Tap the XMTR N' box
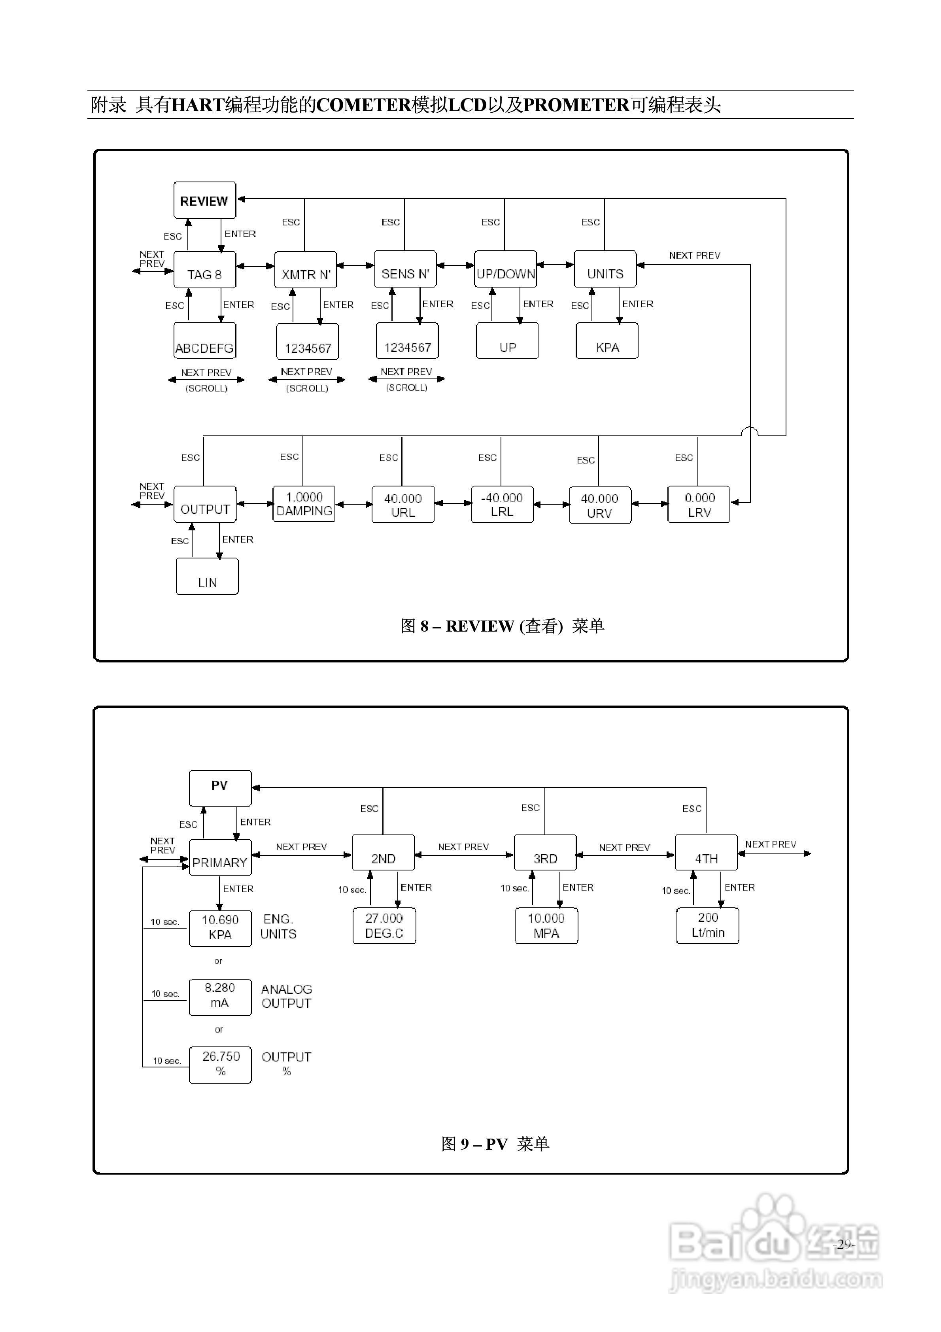pos(305,270)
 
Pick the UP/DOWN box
pos(505,269)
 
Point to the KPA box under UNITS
pos(607,341)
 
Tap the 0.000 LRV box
pos(699,505)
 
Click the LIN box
pos(207,576)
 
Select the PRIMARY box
pos(220,857)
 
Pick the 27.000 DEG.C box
pos(384,926)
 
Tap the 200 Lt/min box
pos(707,926)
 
